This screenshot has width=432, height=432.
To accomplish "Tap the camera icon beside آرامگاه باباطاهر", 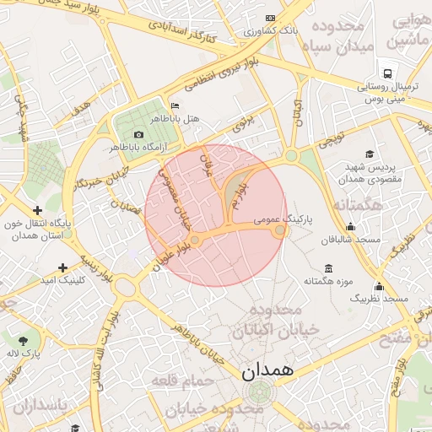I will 139,135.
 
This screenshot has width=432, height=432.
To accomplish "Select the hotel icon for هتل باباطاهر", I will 175,105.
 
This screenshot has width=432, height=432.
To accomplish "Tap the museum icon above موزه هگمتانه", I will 328,268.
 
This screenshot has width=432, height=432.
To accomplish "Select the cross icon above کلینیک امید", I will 62,267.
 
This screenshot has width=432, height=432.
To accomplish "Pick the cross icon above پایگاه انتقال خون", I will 36,210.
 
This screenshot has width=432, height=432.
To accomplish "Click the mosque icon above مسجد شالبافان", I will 351,226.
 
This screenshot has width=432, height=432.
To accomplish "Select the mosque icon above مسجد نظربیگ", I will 379,286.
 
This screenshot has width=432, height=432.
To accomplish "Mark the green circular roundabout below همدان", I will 261,391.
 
